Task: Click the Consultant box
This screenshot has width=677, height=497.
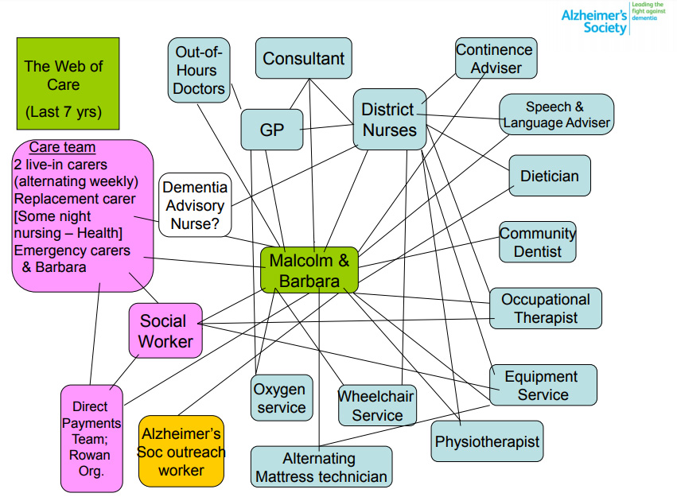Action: pos(303,59)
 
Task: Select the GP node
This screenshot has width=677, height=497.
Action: pos(272,130)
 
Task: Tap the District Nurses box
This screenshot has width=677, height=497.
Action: pos(389,119)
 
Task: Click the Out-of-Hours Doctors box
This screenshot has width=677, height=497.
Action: pos(199,71)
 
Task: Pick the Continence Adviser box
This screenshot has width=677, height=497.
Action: pos(495,58)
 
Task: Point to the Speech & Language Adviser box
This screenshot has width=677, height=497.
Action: pos(556,115)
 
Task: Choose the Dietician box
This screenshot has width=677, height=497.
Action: pos(550,176)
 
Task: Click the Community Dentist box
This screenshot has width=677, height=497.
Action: pos(537,243)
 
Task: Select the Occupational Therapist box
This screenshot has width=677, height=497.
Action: pos(545,309)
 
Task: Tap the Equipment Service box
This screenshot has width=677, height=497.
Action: pos(543,386)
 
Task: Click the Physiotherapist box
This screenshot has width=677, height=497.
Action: pos(487,441)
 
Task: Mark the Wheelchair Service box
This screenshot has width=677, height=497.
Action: pos(377,406)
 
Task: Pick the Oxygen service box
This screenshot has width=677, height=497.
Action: pos(281,398)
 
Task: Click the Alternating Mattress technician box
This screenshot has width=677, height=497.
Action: pos(321,468)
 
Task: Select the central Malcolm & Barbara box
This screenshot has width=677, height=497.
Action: pos(309,270)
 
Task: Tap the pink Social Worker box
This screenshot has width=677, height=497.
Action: pos(165,331)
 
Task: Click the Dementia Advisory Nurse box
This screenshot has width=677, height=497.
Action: pos(195,205)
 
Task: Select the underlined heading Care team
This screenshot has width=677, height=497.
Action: pos(62,147)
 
